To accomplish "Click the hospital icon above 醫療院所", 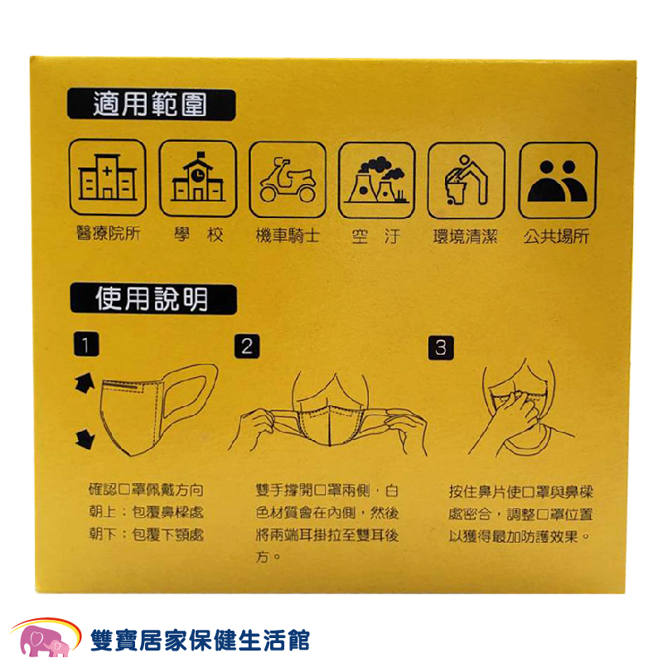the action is click(x=108, y=177).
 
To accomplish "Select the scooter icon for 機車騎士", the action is click(x=288, y=180).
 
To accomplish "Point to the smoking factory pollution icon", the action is click(x=377, y=181).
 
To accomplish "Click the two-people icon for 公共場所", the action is click(x=558, y=181).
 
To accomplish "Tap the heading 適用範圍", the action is click(x=151, y=104).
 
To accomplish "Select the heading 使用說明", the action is click(x=153, y=299).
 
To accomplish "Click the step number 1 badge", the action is click(x=86, y=344).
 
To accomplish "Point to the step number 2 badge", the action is click(x=247, y=346).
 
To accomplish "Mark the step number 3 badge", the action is click(x=441, y=348).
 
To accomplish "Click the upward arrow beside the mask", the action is click(x=85, y=383).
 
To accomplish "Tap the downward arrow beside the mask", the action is click(x=85, y=438).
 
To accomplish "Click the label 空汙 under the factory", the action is click(x=376, y=236).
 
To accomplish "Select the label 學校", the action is click(x=198, y=235).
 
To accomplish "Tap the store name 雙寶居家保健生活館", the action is click(x=201, y=640).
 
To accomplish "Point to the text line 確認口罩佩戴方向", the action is click(x=147, y=490).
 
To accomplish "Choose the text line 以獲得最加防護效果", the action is click(x=520, y=536).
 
